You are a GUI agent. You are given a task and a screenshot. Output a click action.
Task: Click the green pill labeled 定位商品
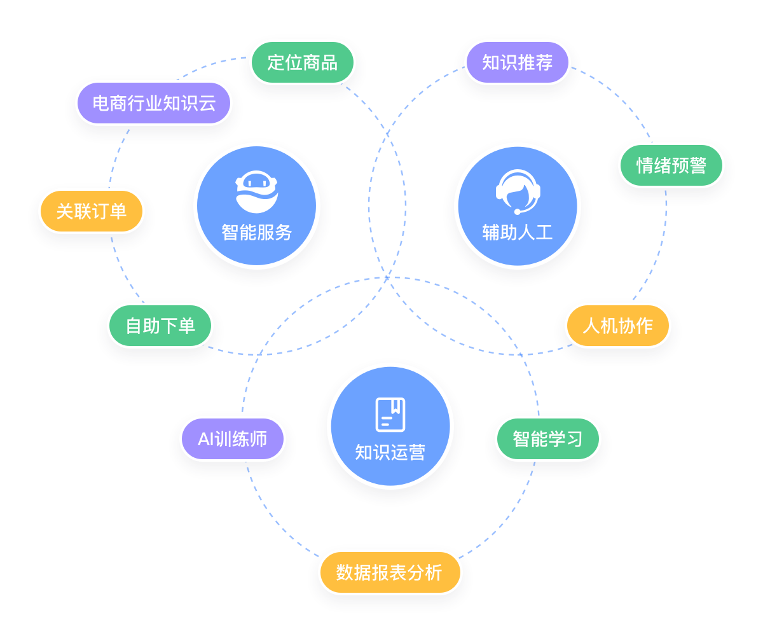[x=302, y=62]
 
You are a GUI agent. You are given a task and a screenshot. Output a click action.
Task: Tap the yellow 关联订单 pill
[x=92, y=211]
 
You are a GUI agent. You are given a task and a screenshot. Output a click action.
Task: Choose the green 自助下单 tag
[x=160, y=326]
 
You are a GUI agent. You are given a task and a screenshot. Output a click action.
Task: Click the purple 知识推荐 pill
[x=517, y=62]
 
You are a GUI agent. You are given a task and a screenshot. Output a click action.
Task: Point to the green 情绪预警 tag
[x=671, y=166]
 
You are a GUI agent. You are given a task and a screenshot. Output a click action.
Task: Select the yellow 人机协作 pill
[x=617, y=326]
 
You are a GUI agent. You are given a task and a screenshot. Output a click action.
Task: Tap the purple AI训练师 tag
[x=232, y=439]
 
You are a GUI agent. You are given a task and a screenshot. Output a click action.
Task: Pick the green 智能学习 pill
[x=547, y=439]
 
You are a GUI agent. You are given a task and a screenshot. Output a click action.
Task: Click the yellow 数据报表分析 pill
[x=389, y=572]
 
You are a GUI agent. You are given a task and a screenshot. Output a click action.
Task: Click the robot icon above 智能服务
[x=257, y=191]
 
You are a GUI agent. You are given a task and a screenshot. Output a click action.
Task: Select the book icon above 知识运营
[x=390, y=413]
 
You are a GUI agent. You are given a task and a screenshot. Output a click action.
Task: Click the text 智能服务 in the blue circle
[x=257, y=232]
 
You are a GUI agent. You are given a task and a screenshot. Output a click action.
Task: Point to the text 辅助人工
[x=518, y=232]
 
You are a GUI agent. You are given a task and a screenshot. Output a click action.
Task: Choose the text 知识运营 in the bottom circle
[x=390, y=453]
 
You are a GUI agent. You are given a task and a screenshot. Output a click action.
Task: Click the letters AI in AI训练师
[x=205, y=439]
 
